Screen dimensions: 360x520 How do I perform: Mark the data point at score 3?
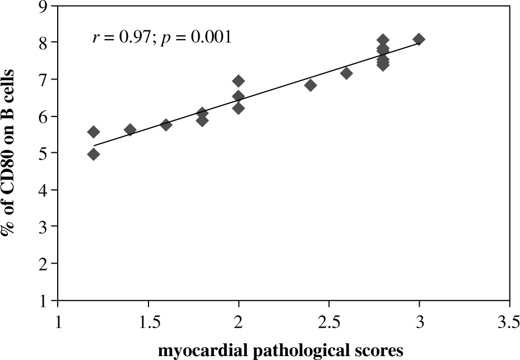(x=419, y=39)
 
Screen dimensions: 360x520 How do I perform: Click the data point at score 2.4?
(x=310, y=85)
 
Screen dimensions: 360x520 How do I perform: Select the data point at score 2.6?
(x=346, y=73)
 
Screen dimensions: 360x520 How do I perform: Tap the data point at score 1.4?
(x=130, y=130)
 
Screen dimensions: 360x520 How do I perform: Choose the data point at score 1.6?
(x=166, y=125)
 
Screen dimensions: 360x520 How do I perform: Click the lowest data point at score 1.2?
(x=94, y=154)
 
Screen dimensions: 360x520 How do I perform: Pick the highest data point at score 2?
(x=238, y=81)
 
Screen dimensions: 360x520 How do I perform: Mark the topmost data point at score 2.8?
(x=383, y=40)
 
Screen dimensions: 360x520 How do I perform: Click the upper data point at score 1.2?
(x=94, y=132)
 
